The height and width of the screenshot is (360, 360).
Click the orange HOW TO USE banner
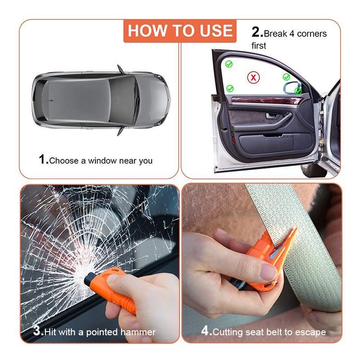tap(180, 31)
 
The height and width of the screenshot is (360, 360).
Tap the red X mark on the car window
tap(253, 77)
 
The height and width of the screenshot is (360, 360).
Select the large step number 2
tap(256, 32)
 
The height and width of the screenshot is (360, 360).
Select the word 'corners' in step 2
tap(311, 34)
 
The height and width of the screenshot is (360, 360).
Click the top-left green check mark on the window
tap(229, 64)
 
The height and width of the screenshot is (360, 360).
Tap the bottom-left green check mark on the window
tap(230, 88)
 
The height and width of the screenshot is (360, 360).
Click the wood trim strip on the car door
tap(266, 100)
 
